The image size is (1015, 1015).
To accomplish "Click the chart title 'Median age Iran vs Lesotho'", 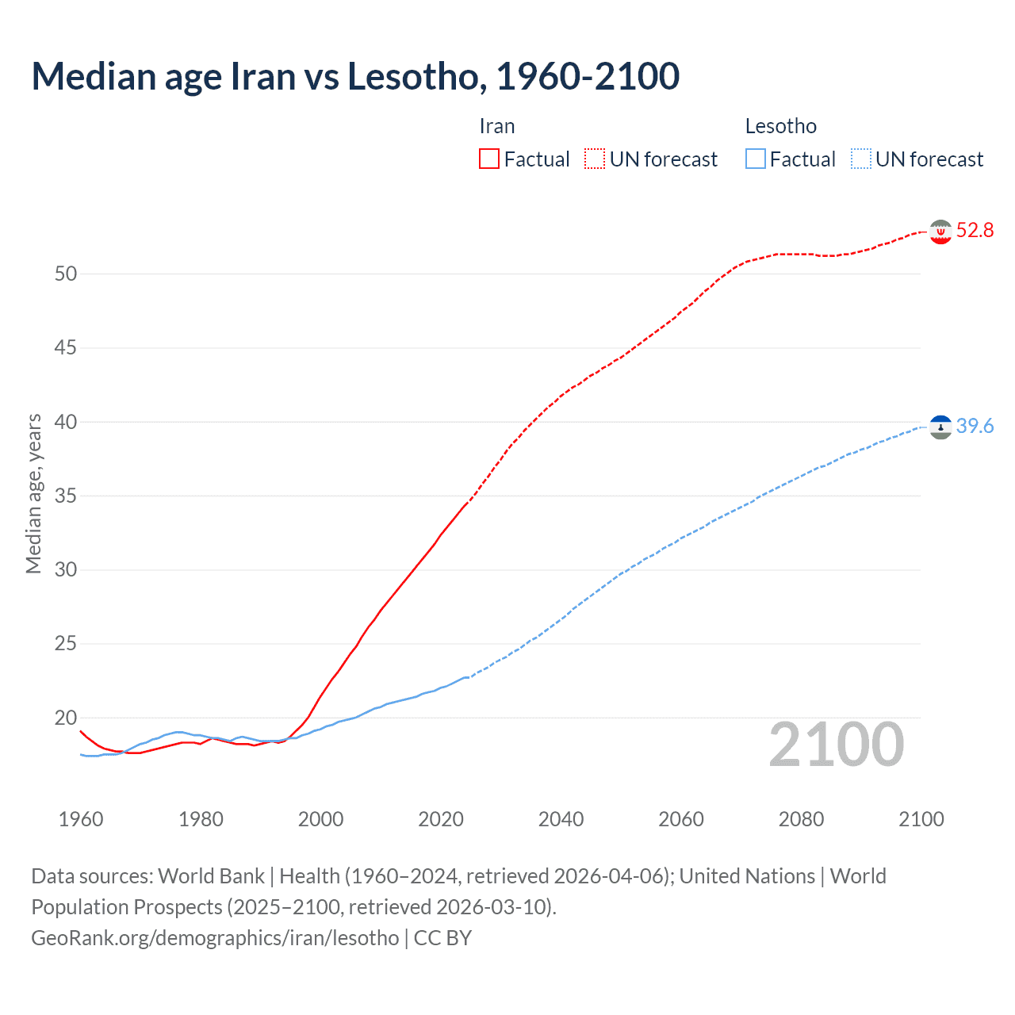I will pyautogui.click(x=355, y=76).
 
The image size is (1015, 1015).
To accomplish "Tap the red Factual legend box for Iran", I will pyautogui.click(x=489, y=159).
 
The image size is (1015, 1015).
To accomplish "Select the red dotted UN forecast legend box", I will pyautogui.click(x=595, y=159).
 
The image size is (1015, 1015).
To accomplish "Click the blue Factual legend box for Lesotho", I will pyautogui.click(x=755, y=159).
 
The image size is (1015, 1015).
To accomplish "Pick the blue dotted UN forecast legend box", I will pyautogui.click(x=860, y=159).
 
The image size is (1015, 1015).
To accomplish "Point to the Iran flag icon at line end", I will pyautogui.click(x=940, y=232).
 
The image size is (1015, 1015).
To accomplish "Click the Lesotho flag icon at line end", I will pyautogui.click(x=940, y=427).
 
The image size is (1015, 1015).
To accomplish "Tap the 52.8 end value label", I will pyautogui.click(x=975, y=231).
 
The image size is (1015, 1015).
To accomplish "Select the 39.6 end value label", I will pyautogui.click(x=975, y=427).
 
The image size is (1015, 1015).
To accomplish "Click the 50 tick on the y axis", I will pyautogui.click(x=66, y=274).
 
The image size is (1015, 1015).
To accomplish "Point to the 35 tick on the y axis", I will pyautogui.click(x=66, y=496).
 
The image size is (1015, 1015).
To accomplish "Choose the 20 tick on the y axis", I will pyautogui.click(x=66, y=718).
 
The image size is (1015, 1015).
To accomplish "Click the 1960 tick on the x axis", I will pyautogui.click(x=81, y=819).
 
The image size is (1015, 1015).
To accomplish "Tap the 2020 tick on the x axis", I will pyautogui.click(x=441, y=819).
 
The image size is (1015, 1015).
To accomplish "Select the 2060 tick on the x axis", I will pyautogui.click(x=681, y=819).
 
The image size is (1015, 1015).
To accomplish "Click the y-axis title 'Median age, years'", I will pyautogui.click(x=33, y=493).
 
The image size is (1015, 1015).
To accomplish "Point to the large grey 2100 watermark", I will pyautogui.click(x=837, y=745).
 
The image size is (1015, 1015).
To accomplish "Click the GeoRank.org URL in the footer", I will pyautogui.click(x=215, y=938).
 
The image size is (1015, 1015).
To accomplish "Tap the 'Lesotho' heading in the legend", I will pyautogui.click(x=780, y=127).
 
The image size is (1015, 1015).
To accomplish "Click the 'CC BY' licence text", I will pyautogui.click(x=442, y=938).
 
